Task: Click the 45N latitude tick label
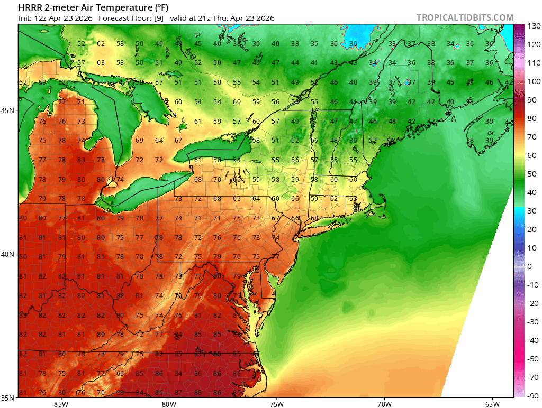[8, 110]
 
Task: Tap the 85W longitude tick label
[61, 404]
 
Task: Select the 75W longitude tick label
[276, 404]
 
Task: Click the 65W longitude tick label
[492, 404]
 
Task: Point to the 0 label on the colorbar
[530, 266]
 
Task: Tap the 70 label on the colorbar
[532, 137]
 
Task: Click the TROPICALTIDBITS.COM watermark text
[465, 17]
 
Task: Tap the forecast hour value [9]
[159, 18]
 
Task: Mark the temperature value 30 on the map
[353, 44]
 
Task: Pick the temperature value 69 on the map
[139, 141]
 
